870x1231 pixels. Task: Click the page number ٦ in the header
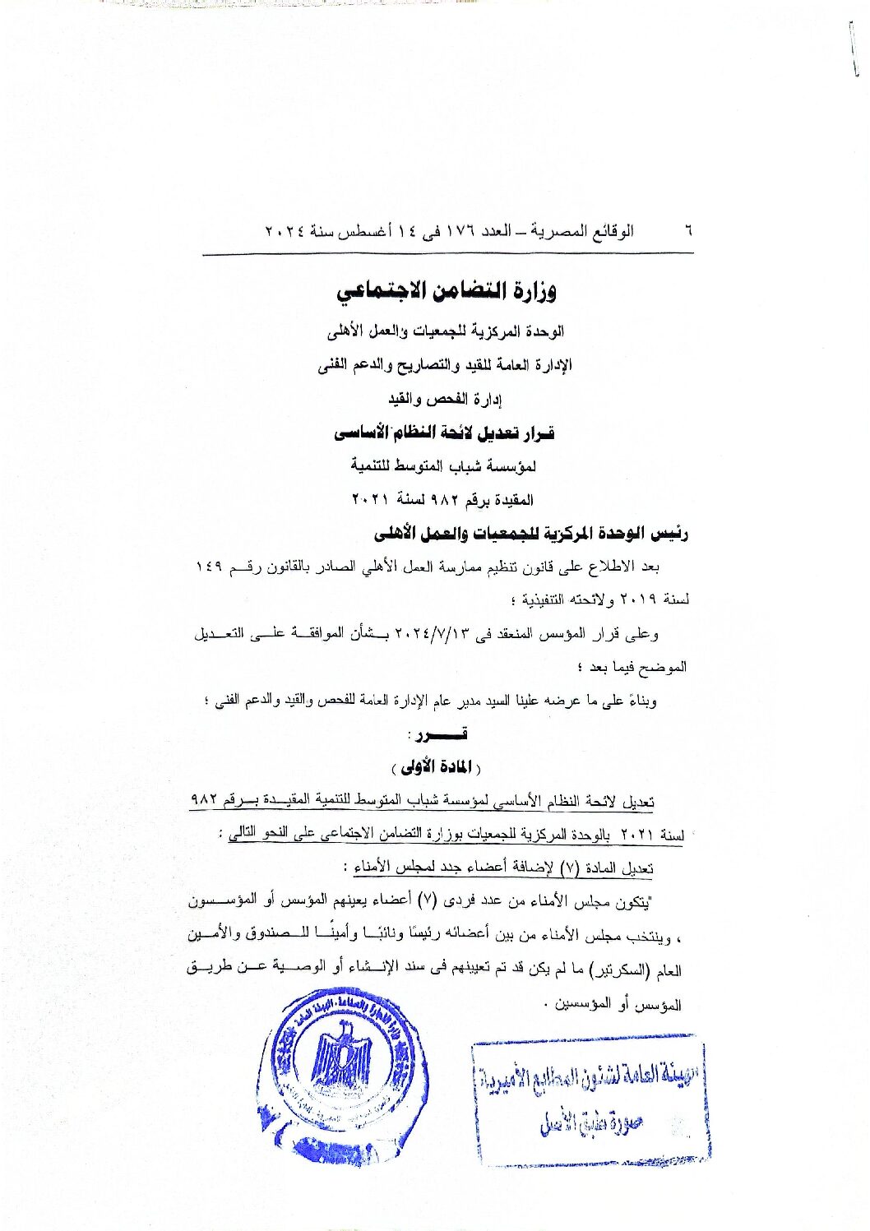tap(687, 232)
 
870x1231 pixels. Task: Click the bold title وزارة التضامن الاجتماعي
tap(447, 290)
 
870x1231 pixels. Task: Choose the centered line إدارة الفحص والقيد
tap(445, 400)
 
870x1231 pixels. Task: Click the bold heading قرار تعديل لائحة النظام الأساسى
tap(444, 433)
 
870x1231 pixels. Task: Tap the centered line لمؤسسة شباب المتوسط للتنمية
tap(443, 466)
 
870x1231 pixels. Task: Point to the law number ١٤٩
tap(210, 567)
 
